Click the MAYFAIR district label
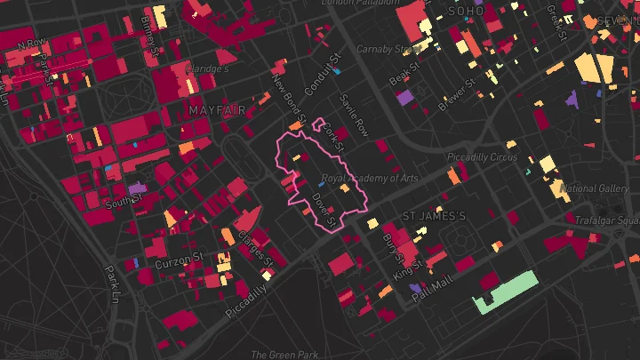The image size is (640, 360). click(216, 109)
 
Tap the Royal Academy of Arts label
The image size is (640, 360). click(370, 179)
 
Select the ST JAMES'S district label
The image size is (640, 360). click(434, 216)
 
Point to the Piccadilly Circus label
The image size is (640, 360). click(482, 157)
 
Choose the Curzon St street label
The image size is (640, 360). click(180, 264)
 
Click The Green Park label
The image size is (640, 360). click(284, 355)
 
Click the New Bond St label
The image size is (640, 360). click(290, 98)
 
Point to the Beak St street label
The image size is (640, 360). click(404, 74)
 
